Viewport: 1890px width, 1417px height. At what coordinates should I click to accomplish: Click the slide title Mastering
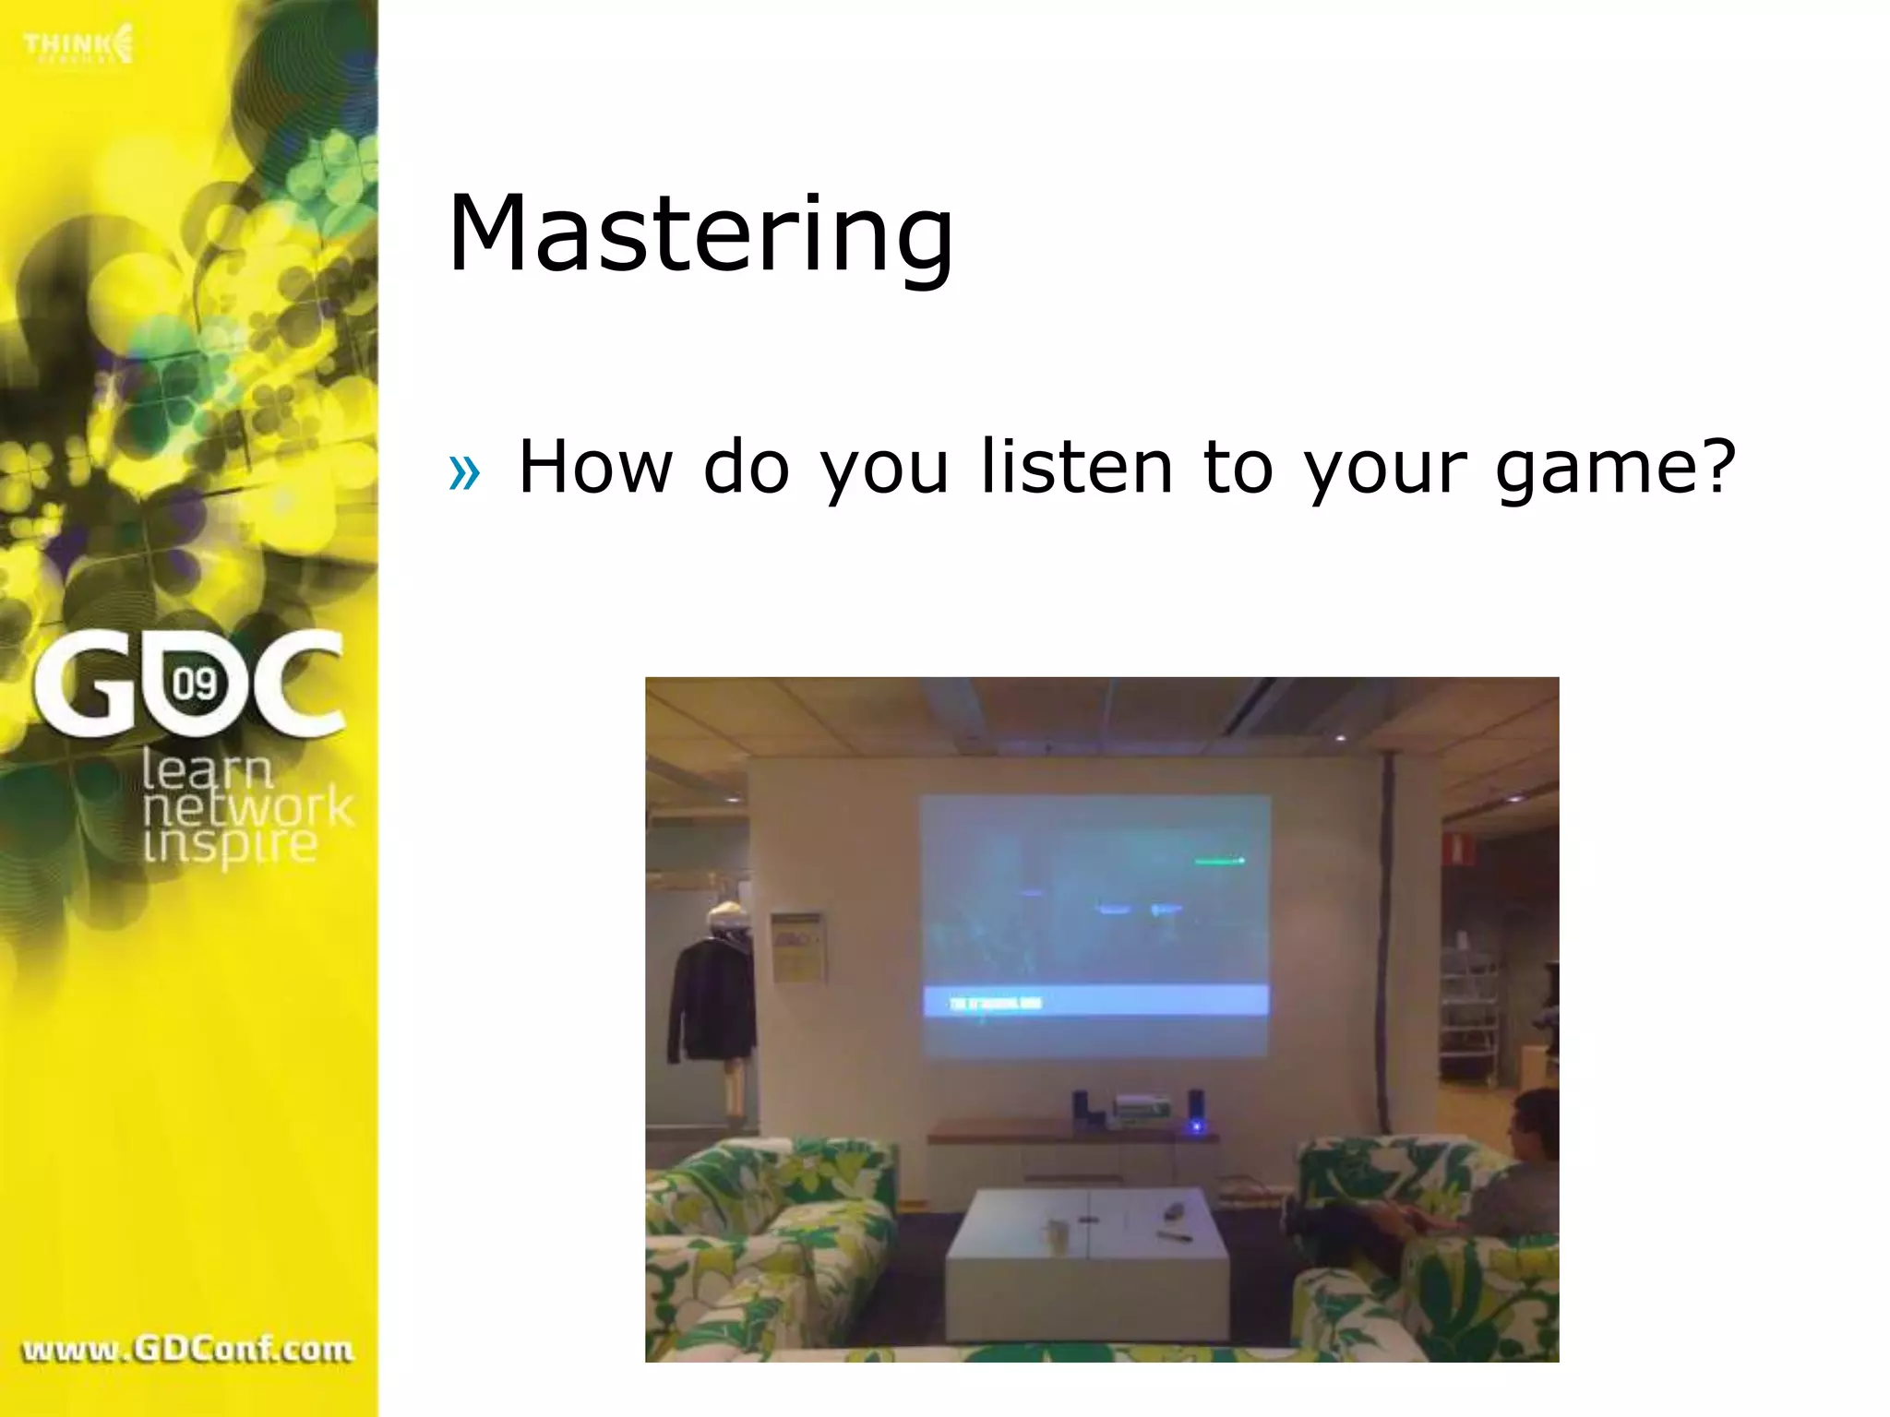click(700, 235)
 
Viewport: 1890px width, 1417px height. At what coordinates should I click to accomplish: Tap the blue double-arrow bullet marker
click(464, 473)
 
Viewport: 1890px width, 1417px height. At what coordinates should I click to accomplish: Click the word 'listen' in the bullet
click(1076, 467)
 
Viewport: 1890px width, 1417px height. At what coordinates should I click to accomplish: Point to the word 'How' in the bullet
click(595, 467)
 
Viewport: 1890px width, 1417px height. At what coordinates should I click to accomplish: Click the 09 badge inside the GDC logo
click(196, 685)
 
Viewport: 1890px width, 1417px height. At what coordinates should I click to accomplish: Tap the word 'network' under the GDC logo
click(247, 807)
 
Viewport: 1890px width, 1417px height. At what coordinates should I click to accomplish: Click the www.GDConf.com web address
click(187, 1350)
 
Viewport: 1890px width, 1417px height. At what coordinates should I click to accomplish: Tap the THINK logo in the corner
click(78, 45)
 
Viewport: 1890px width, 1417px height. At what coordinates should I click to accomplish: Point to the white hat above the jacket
click(728, 917)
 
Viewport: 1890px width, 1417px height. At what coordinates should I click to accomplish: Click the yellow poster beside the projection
click(796, 947)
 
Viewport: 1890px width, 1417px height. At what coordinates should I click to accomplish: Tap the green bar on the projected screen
click(1219, 861)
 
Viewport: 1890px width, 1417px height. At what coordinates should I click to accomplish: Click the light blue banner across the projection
click(1096, 1002)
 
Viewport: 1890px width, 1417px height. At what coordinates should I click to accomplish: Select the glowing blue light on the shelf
click(1196, 1126)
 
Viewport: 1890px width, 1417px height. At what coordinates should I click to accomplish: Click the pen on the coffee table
click(1175, 1235)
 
